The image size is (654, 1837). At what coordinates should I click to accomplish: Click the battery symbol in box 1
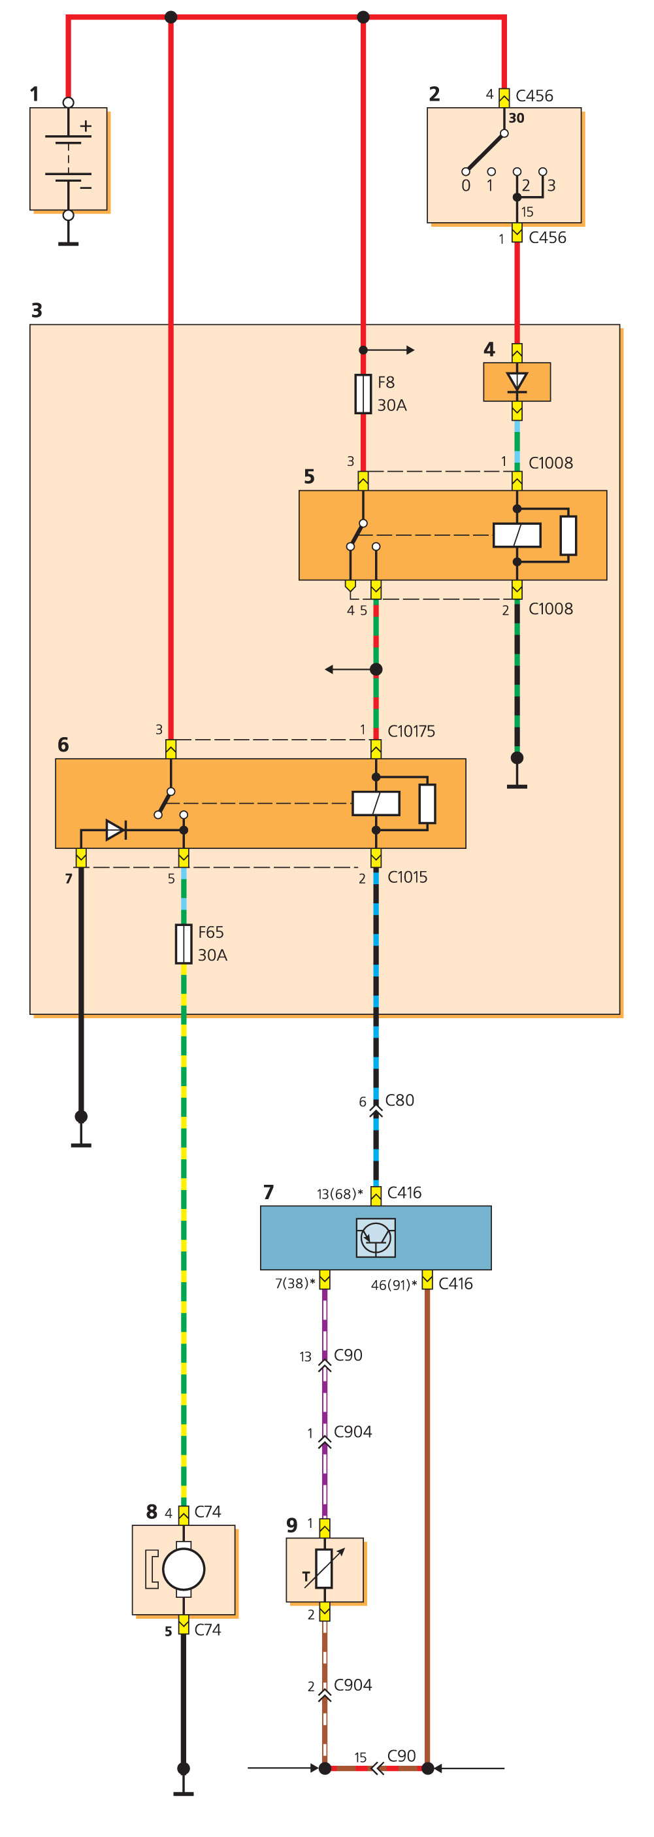(69, 158)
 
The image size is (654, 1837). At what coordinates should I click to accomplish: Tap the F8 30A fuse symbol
(363, 393)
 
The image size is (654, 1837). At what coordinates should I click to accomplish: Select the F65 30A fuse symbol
(184, 944)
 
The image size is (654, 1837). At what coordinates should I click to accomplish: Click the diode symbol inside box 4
(516, 382)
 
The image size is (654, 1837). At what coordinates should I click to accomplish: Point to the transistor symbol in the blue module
(376, 1237)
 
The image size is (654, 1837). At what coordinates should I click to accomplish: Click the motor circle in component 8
(184, 1569)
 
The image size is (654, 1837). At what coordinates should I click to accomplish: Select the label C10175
(411, 731)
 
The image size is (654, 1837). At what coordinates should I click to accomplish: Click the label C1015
(407, 876)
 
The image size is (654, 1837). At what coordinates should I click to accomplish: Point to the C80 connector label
(399, 1100)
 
